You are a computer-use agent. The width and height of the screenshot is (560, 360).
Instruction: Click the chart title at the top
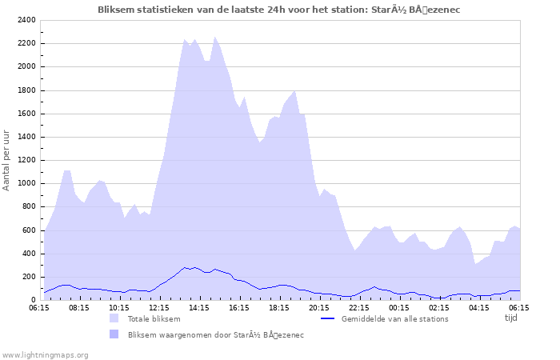click(x=278, y=10)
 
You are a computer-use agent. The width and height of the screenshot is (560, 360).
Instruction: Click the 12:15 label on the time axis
click(x=159, y=306)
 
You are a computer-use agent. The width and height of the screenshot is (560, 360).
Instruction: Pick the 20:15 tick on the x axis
click(x=319, y=306)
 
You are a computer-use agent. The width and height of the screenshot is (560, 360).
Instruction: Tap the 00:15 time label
click(x=399, y=306)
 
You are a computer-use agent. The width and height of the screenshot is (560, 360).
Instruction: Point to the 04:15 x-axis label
click(x=479, y=306)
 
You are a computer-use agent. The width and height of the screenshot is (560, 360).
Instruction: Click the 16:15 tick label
click(x=239, y=306)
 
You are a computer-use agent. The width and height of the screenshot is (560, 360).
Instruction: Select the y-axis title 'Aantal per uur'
click(x=7, y=160)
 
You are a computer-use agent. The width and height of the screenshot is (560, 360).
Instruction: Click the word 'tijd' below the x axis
click(x=510, y=318)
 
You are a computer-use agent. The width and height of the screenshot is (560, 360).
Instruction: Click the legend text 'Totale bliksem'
click(x=154, y=318)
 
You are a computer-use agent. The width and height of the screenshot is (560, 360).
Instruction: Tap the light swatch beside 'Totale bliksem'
click(x=114, y=318)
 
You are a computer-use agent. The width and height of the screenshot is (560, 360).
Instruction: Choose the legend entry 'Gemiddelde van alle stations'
click(x=394, y=318)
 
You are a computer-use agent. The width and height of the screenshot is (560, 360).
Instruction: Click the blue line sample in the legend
click(x=326, y=318)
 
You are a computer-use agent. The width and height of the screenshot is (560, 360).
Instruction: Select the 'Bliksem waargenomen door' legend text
click(x=215, y=334)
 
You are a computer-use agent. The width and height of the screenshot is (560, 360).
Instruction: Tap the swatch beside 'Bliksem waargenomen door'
click(x=114, y=334)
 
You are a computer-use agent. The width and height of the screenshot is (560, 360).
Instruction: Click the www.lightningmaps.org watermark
click(x=45, y=354)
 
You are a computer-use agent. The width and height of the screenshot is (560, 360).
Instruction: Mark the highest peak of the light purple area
click(x=214, y=37)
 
